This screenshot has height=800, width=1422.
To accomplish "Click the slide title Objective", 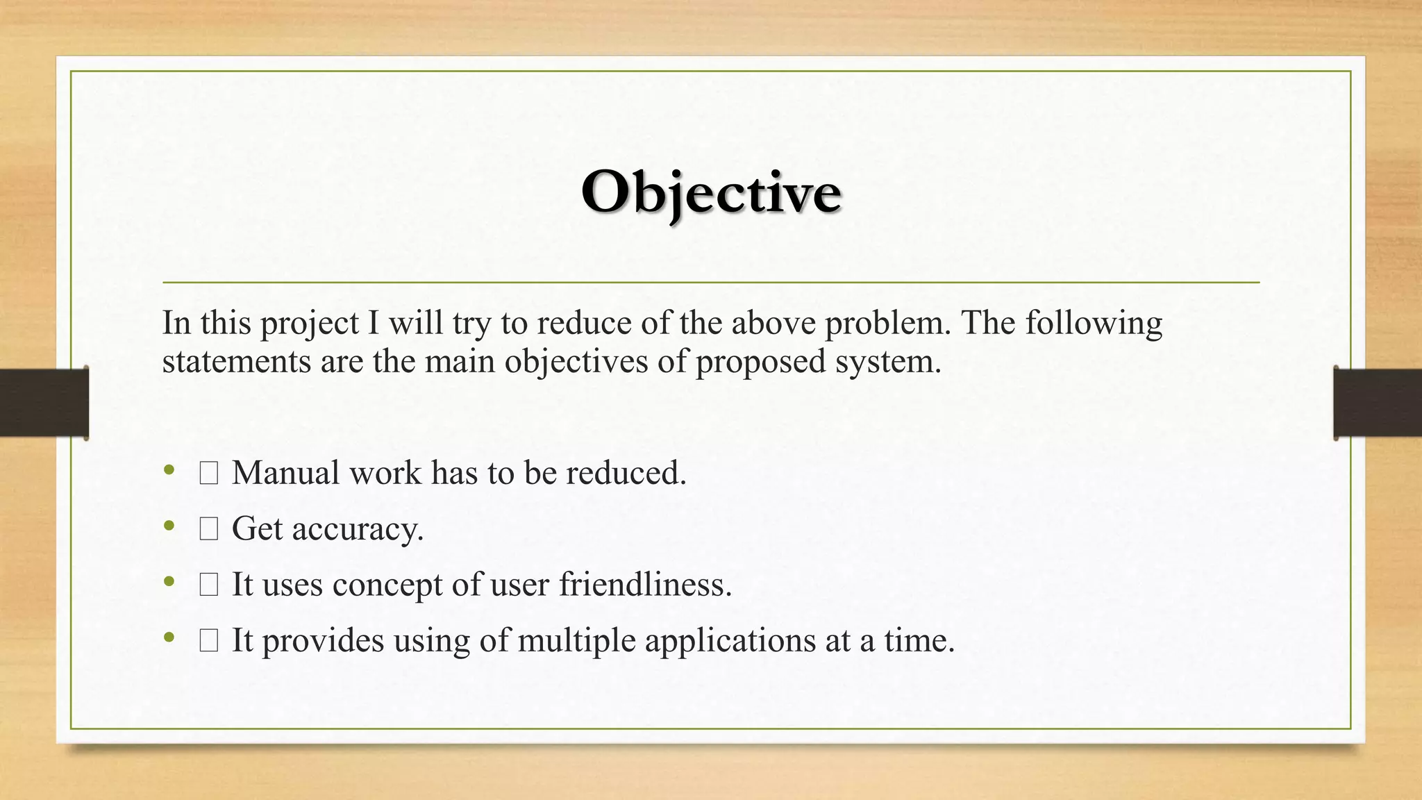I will click(x=711, y=192).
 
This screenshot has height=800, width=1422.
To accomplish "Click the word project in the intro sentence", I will click(x=309, y=324).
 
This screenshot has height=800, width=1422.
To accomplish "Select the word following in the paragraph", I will click(x=1094, y=324).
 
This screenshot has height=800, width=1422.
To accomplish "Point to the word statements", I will click(x=236, y=362).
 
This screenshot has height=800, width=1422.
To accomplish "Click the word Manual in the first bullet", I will click(x=286, y=473).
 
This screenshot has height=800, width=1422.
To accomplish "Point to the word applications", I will click(x=730, y=640).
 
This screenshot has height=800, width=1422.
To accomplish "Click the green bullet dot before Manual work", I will click(x=169, y=471).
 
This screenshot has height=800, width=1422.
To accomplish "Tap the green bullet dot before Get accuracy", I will click(x=169, y=526).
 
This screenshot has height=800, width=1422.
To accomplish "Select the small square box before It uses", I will click(x=209, y=585).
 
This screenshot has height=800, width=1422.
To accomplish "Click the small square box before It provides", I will click(x=209, y=640).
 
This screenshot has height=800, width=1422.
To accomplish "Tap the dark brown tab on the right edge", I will click(x=1378, y=403).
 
